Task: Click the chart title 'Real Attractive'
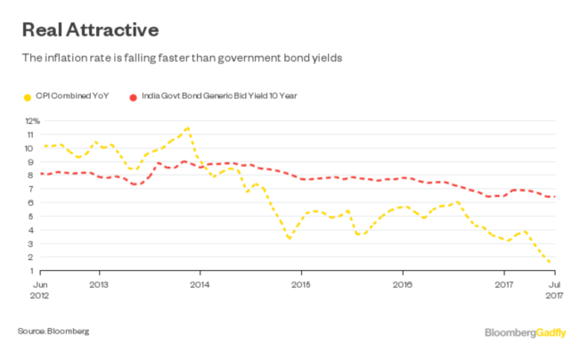[x=89, y=29]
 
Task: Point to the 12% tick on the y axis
[x=32, y=120]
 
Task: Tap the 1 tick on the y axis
[x=37, y=271]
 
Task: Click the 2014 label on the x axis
[x=200, y=287]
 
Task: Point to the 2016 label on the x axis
[x=403, y=287]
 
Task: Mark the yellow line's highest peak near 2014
[x=187, y=128]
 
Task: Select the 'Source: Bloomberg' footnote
[x=53, y=331]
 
